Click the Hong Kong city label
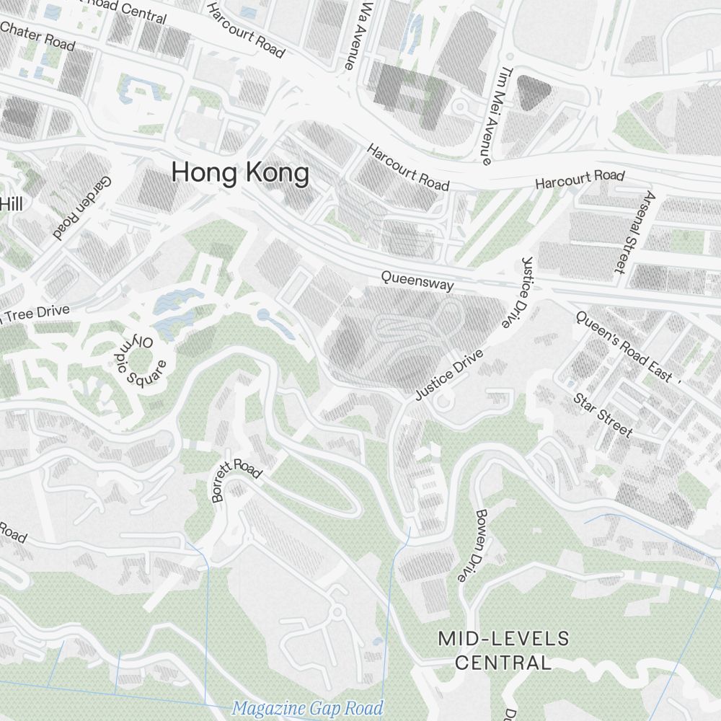(x=240, y=174)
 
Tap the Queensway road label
(x=417, y=280)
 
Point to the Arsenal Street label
(x=632, y=232)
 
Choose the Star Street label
(x=603, y=415)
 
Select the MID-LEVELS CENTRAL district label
(x=503, y=650)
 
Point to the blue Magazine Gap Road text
(x=307, y=708)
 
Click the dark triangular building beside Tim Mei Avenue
(x=534, y=92)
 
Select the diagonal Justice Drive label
(x=448, y=375)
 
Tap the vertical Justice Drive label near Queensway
(x=515, y=292)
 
